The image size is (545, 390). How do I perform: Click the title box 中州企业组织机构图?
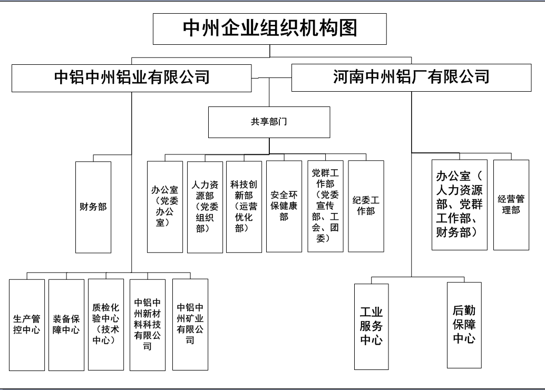tap(270, 29)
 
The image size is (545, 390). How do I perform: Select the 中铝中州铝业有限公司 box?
tap(131, 78)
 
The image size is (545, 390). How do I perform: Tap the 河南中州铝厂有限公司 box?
tap(412, 77)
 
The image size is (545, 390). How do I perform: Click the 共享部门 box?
tap(269, 122)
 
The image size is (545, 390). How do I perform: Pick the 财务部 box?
tap(93, 207)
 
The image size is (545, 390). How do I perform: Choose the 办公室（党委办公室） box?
tap(165, 207)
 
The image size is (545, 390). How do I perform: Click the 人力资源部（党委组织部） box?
tap(205, 207)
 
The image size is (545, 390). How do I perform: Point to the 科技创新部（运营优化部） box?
tap(244, 207)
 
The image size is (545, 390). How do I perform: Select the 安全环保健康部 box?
tap(284, 207)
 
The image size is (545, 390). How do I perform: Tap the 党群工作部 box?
tap(325, 206)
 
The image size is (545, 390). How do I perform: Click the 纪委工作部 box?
tap(366, 206)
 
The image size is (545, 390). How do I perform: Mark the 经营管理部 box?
tap(511, 204)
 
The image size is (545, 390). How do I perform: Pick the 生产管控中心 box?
tap(27, 325)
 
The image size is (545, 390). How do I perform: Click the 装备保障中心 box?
tap(66, 325)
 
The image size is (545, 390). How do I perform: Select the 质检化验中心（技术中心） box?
tap(106, 325)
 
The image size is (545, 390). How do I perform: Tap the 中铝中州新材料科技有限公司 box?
tap(148, 325)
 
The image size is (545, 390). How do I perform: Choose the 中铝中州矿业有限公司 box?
tap(190, 325)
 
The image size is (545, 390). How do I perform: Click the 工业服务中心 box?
tap(372, 327)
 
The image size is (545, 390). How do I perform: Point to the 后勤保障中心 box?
tap(464, 325)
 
